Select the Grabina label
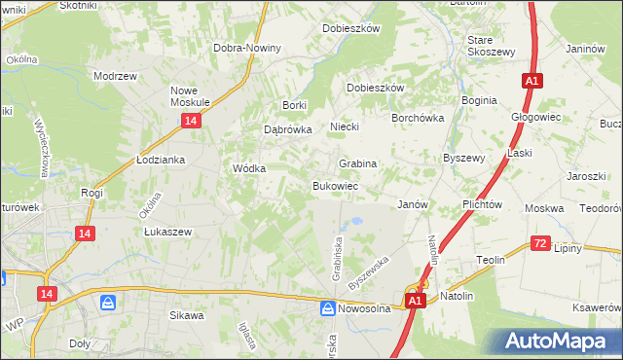[357, 163]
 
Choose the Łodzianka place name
[161, 160]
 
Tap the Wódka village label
[249, 167]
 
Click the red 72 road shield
[541, 243]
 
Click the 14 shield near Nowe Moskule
[190, 120]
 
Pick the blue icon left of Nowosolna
[328, 308]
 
